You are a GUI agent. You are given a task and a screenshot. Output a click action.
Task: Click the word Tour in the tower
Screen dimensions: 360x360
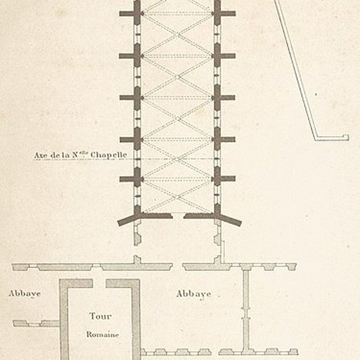tap(100, 316)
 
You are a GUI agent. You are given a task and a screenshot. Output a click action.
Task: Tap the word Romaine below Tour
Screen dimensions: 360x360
tap(102, 334)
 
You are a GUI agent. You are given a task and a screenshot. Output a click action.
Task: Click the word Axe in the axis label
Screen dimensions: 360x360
tap(41, 154)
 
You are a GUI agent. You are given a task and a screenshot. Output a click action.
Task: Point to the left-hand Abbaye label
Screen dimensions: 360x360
tap(24, 294)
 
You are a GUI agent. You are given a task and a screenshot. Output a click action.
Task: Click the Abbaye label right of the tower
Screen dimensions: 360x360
tap(193, 294)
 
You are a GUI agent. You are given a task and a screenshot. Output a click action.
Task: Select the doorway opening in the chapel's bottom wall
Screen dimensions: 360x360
tap(178, 215)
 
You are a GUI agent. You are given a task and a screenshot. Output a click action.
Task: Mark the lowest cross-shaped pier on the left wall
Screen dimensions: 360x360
tap(136, 179)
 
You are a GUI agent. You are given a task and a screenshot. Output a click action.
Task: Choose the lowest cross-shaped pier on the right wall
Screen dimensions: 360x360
tap(218, 179)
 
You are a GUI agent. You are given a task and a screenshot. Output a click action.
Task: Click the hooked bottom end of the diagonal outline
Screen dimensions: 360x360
tap(332, 137)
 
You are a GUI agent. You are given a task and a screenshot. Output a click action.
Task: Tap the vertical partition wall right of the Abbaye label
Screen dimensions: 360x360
tap(246, 309)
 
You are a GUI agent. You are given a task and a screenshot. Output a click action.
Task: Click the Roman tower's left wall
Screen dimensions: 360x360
tap(64, 319)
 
